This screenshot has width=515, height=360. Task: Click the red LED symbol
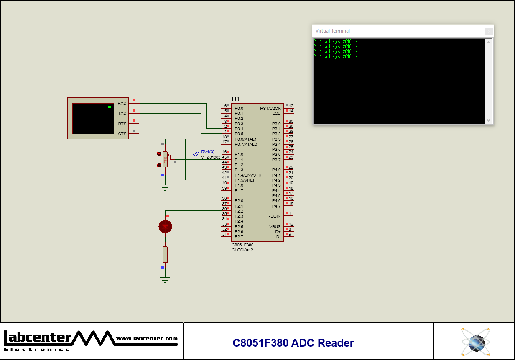click(x=165, y=226)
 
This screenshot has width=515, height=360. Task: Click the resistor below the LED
click(x=165, y=254)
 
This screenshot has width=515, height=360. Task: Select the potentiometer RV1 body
click(x=165, y=159)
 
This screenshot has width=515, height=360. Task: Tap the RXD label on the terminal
click(x=122, y=103)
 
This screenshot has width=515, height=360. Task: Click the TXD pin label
click(x=122, y=114)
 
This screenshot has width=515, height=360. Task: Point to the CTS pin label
click(x=122, y=134)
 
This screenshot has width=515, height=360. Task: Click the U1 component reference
click(x=236, y=99)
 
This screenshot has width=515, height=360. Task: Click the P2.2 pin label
click(x=239, y=211)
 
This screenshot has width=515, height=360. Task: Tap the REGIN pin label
click(x=274, y=216)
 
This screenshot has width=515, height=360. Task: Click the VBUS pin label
click(x=275, y=226)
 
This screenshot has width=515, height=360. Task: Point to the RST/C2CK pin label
click(x=270, y=108)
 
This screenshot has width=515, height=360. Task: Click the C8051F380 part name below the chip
click(x=242, y=245)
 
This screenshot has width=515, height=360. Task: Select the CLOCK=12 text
click(x=242, y=250)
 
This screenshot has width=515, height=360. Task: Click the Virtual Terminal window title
click(x=333, y=31)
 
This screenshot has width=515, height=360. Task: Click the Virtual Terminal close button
click(x=489, y=31)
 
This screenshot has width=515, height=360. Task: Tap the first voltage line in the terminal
click(x=336, y=41)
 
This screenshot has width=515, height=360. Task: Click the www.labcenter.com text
click(x=147, y=339)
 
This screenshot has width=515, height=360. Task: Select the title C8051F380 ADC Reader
click(x=293, y=343)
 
